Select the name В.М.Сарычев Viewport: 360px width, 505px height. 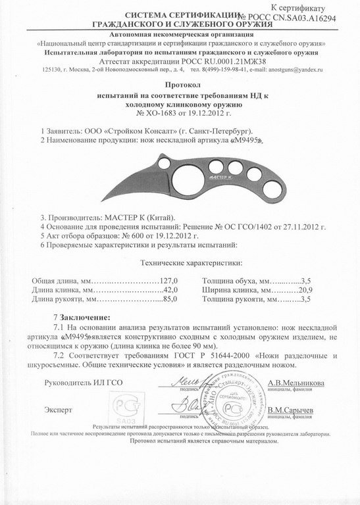(x=294, y=410)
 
